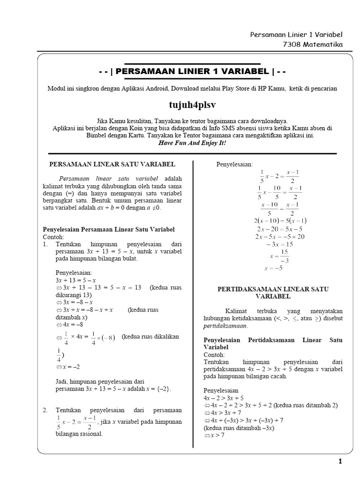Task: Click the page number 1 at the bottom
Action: tap(340, 462)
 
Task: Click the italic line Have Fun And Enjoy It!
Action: tap(192, 142)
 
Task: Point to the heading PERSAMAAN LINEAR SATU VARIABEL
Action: tap(112, 165)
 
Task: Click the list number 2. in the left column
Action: tap(45, 410)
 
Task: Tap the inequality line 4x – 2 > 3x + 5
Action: tap(224, 397)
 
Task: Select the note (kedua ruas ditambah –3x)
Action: tap(239, 428)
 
